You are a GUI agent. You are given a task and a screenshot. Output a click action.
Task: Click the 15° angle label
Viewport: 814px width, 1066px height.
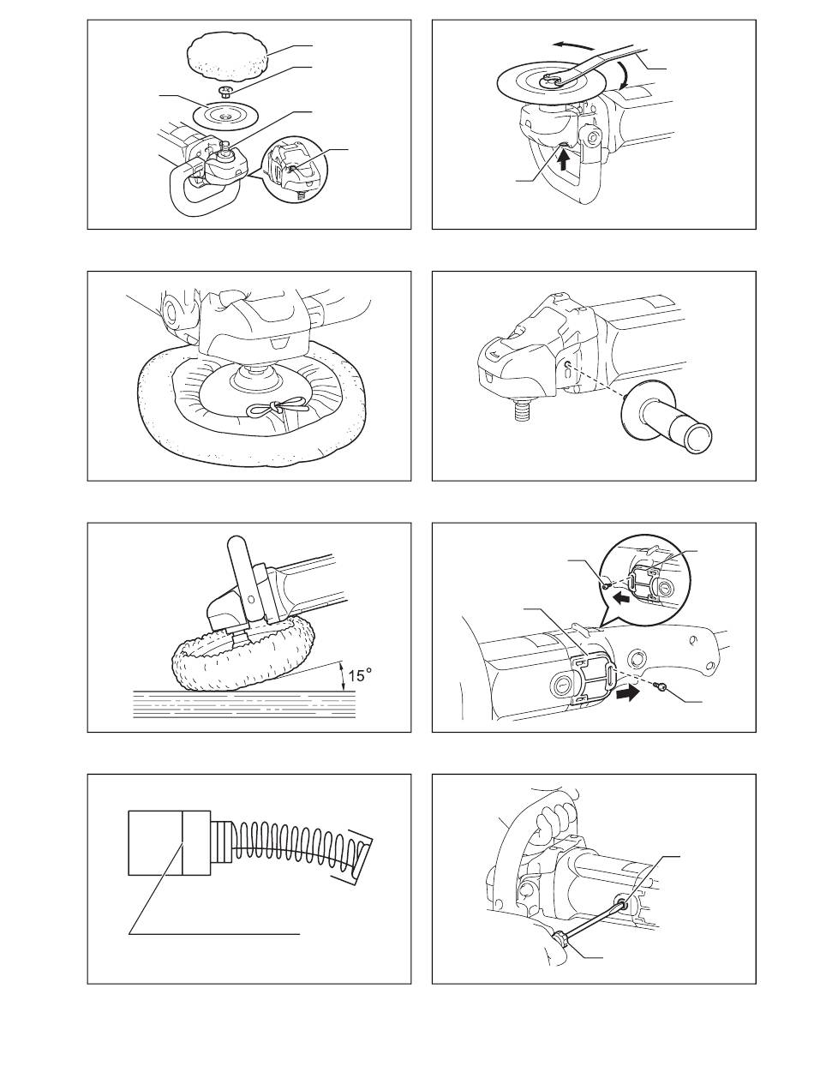[360, 675]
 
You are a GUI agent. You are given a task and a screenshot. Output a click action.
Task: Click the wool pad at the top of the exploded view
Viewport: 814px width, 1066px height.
[228, 53]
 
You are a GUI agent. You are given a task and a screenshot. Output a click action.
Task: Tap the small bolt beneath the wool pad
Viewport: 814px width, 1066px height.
[224, 91]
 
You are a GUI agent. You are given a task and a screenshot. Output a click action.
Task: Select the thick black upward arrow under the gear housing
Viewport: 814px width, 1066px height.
[563, 161]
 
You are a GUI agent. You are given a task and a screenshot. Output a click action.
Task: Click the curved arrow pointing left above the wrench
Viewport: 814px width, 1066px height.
[575, 45]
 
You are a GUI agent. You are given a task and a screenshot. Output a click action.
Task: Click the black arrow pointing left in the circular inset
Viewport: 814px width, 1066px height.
[621, 598]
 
